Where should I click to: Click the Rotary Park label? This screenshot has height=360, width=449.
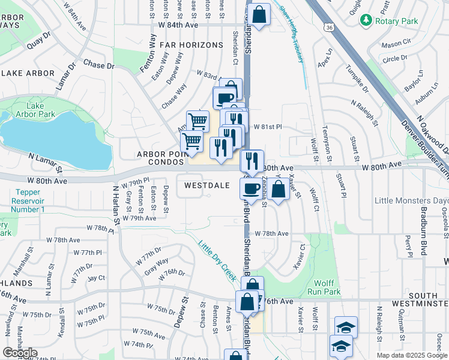pyautogui.click(x=396, y=20)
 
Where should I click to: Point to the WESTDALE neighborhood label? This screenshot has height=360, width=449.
pyautogui.click(x=206, y=185)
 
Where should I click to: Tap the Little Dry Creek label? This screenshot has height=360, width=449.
pyautogui.click(x=217, y=259)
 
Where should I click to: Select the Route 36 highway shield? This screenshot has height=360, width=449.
pyautogui.click(x=328, y=28)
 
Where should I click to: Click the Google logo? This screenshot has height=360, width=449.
pyautogui.click(x=20, y=353)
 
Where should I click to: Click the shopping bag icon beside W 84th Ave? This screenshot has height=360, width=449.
pyautogui.click(x=259, y=14)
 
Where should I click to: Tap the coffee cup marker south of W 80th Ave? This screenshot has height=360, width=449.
pyautogui.click(x=251, y=188)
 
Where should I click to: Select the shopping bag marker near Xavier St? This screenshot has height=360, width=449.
pyautogui.click(x=279, y=188)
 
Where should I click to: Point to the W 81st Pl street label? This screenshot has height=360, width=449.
pyautogui.click(x=268, y=127)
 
